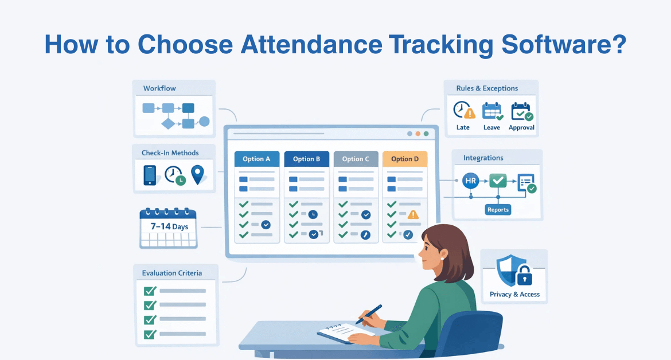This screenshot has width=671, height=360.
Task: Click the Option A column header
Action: [257, 159]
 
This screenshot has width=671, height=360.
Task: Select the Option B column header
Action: [306, 159]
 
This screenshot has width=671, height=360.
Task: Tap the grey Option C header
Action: [356, 159]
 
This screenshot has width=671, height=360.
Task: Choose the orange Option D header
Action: [405, 159]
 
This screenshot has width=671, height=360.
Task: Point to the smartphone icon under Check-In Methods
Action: [150, 175]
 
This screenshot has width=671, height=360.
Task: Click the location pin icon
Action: [198, 175]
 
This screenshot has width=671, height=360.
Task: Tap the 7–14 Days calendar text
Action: [169, 226]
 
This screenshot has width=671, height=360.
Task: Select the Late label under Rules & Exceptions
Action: [463, 127]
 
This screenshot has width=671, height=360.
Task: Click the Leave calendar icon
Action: [491, 111]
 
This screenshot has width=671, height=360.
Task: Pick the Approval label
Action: [521, 127]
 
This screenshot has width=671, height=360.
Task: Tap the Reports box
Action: [498, 210]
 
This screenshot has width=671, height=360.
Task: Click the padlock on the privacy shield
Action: [524, 278]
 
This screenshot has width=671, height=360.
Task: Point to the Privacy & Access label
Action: [514, 294]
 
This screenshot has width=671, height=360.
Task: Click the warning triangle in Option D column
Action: [412, 215]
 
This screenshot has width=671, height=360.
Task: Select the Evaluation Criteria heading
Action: [172, 273]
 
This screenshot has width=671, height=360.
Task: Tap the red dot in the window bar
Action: [418, 134]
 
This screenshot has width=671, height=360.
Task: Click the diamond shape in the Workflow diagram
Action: [168, 123]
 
